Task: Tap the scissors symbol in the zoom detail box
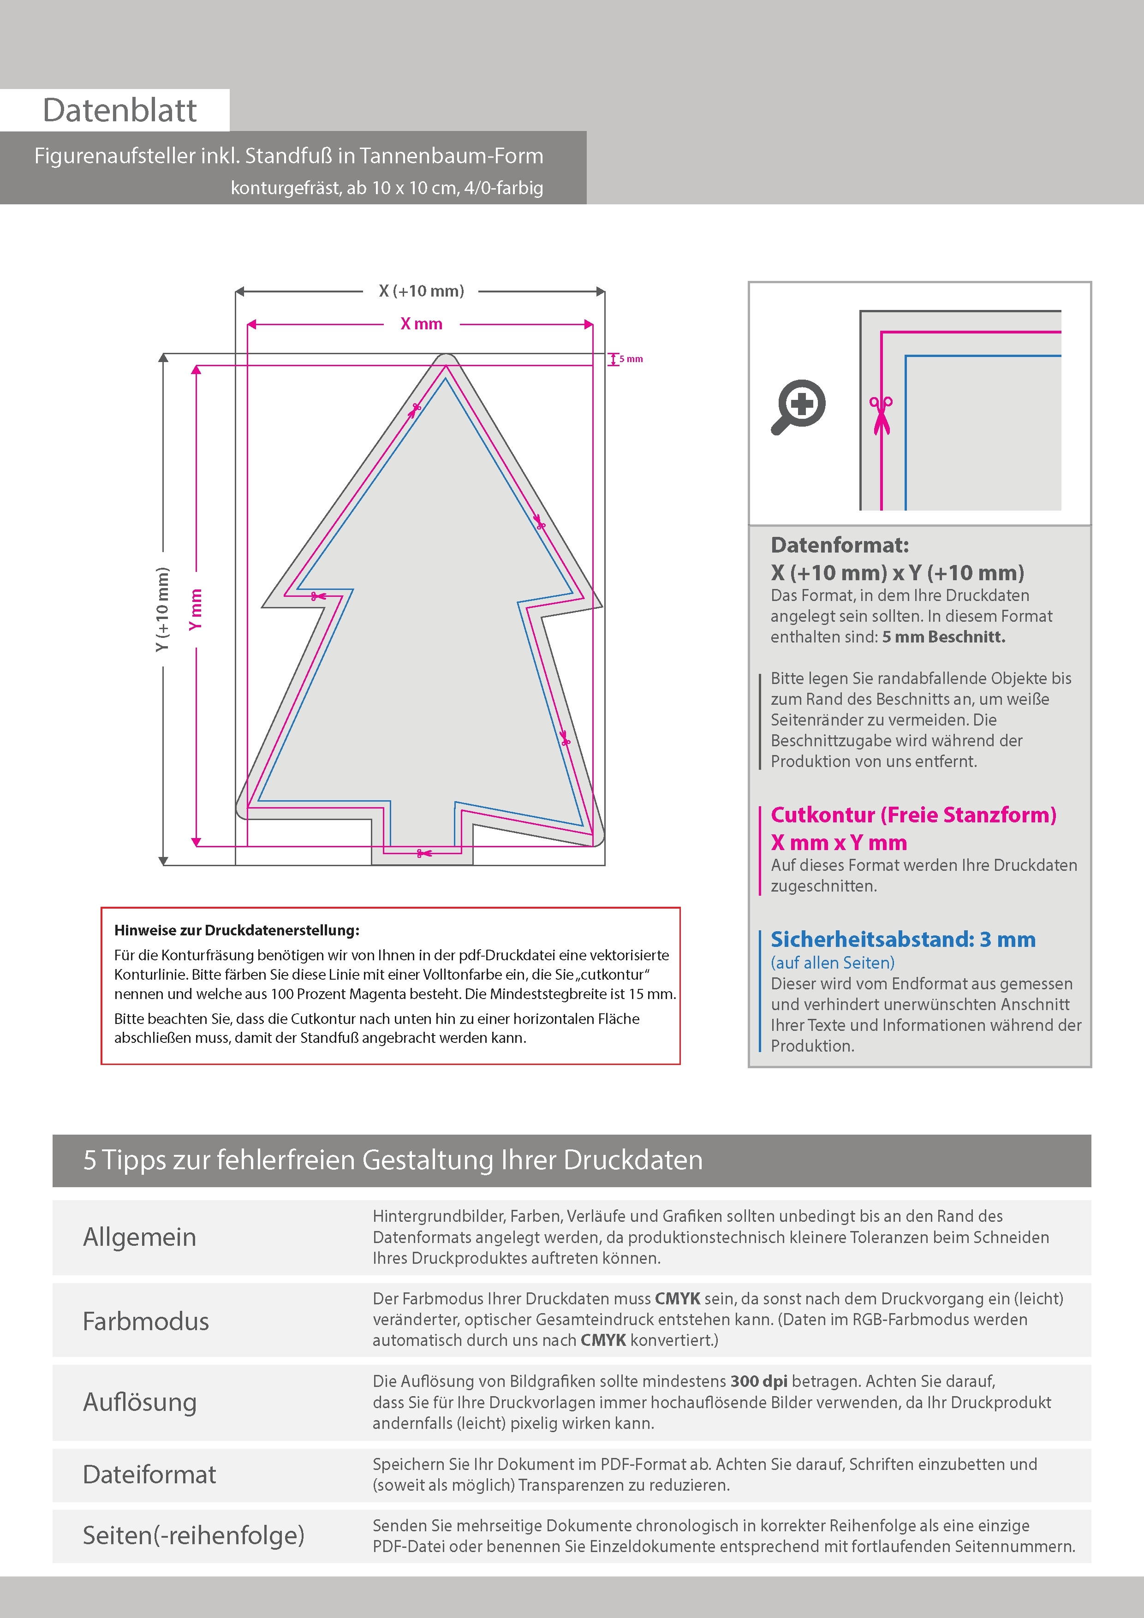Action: click(881, 415)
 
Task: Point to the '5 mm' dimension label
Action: click(631, 359)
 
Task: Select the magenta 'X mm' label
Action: click(421, 324)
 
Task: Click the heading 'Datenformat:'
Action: click(840, 545)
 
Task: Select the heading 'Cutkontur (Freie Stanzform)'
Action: click(913, 815)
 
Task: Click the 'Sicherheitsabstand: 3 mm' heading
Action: click(903, 940)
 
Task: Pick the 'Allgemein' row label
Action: click(140, 1237)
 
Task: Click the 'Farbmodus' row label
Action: click(146, 1321)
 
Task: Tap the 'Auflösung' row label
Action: click(140, 1402)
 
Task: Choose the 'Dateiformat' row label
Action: click(149, 1474)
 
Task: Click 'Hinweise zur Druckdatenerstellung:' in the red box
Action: click(237, 930)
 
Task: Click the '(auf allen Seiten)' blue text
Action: click(833, 963)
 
